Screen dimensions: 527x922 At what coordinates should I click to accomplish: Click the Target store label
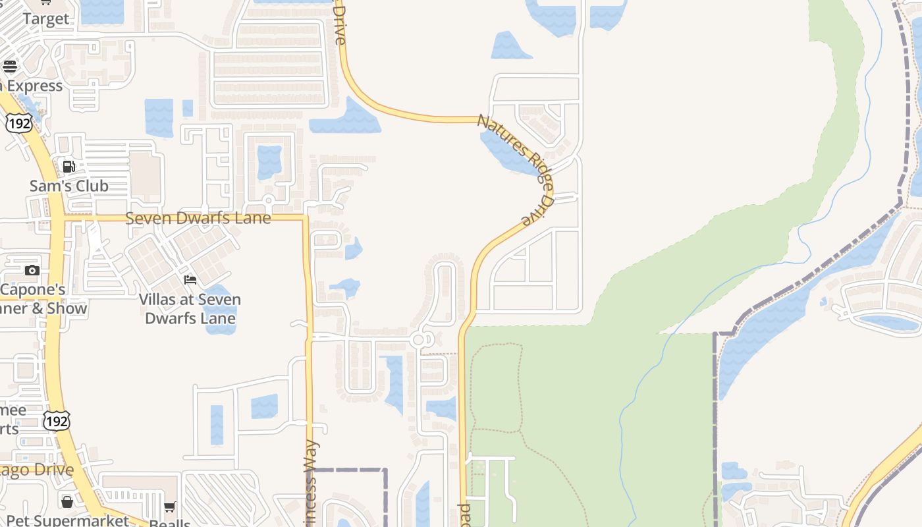click(x=45, y=19)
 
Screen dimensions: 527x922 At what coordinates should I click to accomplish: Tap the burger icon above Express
click(x=9, y=66)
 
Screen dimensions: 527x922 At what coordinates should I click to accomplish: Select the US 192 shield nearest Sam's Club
click(x=18, y=123)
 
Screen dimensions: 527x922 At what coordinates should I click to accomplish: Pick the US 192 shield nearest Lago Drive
click(x=57, y=420)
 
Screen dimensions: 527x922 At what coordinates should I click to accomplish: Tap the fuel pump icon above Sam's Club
click(x=68, y=166)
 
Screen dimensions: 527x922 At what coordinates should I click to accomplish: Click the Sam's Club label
click(x=68, y=186)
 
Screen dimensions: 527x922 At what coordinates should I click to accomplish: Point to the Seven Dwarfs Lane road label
click(x=198, y=218)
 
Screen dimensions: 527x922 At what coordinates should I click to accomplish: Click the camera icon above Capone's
click(x=32, y=270)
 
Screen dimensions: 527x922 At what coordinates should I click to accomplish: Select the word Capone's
click(x=33, y=290)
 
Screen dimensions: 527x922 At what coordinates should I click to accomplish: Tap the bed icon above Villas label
click(x=190, y=280)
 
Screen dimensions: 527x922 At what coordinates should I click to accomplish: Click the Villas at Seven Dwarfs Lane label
click(x=190, y=309)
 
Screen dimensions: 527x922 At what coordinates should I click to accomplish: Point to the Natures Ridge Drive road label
click(x=517, y=168)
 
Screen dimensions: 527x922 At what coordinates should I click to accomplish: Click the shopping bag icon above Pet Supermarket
click(x=67, y=502)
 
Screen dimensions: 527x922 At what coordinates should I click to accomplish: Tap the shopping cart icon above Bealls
click(x=170, y=507)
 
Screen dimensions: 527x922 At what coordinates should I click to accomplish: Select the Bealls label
click(x=170, y=523)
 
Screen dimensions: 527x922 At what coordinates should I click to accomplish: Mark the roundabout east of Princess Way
click(x=420, y=340)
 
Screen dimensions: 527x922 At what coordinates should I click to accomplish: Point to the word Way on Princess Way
click(x=310, y=453)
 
